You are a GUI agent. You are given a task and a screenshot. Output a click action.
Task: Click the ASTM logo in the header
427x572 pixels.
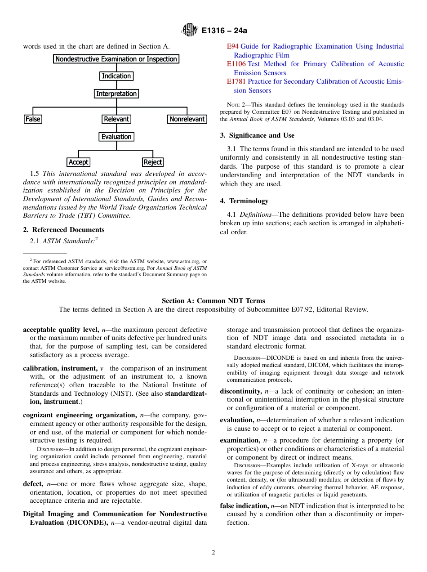[189, 31]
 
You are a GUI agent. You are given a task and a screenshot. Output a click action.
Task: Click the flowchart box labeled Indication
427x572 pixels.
[116, 76]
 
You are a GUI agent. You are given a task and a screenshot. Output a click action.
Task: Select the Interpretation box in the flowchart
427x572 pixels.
[116, 94]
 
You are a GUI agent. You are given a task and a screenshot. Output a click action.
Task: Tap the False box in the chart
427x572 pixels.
[33, 119]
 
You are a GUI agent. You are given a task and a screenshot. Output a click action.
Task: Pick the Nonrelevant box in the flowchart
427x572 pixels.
[187, 119]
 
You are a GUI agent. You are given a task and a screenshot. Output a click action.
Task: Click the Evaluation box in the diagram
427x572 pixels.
[116, 137]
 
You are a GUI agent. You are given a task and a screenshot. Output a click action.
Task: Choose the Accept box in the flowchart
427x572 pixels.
[79, 162]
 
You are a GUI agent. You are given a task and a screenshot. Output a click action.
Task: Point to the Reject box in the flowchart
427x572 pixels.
[153, 162]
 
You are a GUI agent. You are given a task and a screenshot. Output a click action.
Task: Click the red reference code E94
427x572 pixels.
[232, 46]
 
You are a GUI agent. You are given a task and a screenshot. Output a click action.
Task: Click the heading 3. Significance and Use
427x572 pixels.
[257, 135]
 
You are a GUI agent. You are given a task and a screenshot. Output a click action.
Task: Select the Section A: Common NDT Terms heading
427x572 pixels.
[213, 301]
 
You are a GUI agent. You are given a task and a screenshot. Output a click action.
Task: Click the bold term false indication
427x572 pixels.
[245, 506]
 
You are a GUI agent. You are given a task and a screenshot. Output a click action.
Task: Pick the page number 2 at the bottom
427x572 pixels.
[213, 553]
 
